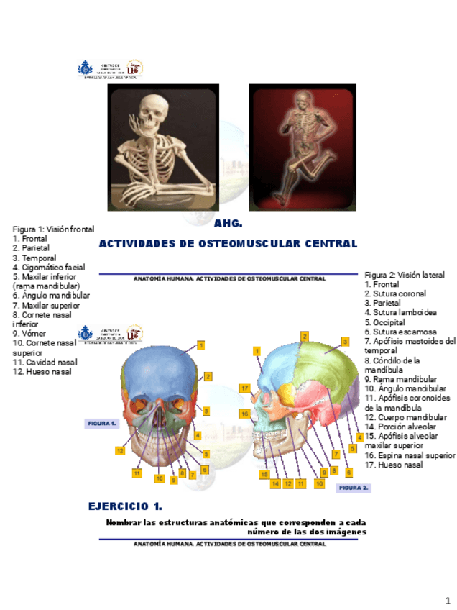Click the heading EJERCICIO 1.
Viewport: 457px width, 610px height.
[124, 506]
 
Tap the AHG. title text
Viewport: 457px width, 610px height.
[228, 224]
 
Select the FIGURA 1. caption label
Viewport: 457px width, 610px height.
[101, 424]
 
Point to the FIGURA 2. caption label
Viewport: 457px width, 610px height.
[354, 488]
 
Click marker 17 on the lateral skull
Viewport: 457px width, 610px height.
[244, 388]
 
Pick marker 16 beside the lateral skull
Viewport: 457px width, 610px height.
[244, 414]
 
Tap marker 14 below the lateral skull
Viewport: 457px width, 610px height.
[275, 484]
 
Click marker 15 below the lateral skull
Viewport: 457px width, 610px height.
[264, 475]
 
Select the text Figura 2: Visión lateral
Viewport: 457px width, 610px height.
[405, 275]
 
